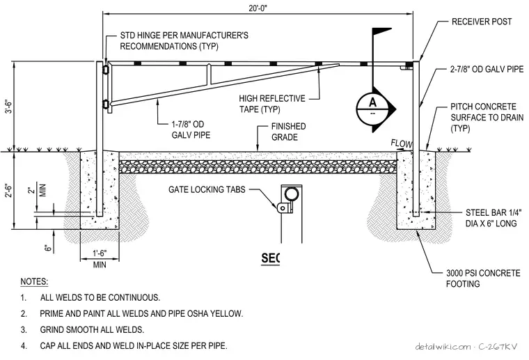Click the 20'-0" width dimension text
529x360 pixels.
pyautogui.click(x=258, y=8)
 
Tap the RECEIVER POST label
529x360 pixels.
pyautogui.click(x=482, y=22)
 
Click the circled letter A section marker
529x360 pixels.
pyautogui.click(x=372, y=108)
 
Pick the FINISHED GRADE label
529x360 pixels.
pyautogui.click(x=288, y=132)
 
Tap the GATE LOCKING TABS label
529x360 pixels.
pyautogui.click(x=207, y=189)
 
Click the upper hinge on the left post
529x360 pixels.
pyautogui.click(x=106, y=69)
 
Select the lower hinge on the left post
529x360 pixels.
pyautogui.click(x=106, y=104)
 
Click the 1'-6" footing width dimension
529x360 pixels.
pyautogui.click(x=100, y=253)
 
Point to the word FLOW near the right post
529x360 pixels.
pyautogui.click(x=402, y=143)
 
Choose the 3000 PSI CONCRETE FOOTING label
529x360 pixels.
pyautogui.click(x=483, y=279)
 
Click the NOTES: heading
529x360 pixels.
pyautogui.click(x=34, y=281)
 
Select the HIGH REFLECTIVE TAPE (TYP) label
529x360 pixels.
pyautogui.click(x=272, y=104)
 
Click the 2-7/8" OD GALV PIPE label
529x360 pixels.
pyautogui.click(x=487, y=69)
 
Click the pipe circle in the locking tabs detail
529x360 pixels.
pyautogui.click(x=290, y=195)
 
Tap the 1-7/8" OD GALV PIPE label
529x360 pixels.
pyautogui.click(x=191, y=130)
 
